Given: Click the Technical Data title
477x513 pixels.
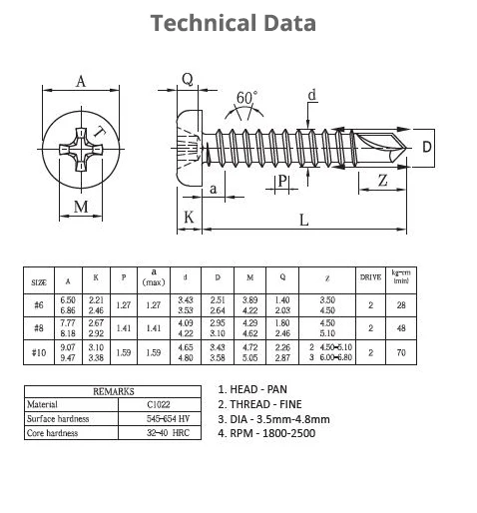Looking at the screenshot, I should (233, 23).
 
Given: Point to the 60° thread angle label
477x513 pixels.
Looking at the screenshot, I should (245, 98).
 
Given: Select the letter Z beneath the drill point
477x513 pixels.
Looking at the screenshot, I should (384, 181).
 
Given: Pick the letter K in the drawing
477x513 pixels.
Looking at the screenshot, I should (187, 218).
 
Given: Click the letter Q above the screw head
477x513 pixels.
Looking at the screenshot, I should (187, 79).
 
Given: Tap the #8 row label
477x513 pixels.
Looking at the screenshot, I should (39, 326).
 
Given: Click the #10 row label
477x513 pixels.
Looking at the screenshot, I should (39, 352).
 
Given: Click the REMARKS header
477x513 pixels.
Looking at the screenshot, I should (113, 392).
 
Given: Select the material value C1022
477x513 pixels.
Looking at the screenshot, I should (158, 405).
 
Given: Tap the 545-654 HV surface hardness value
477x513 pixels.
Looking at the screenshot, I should (158, 420).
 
